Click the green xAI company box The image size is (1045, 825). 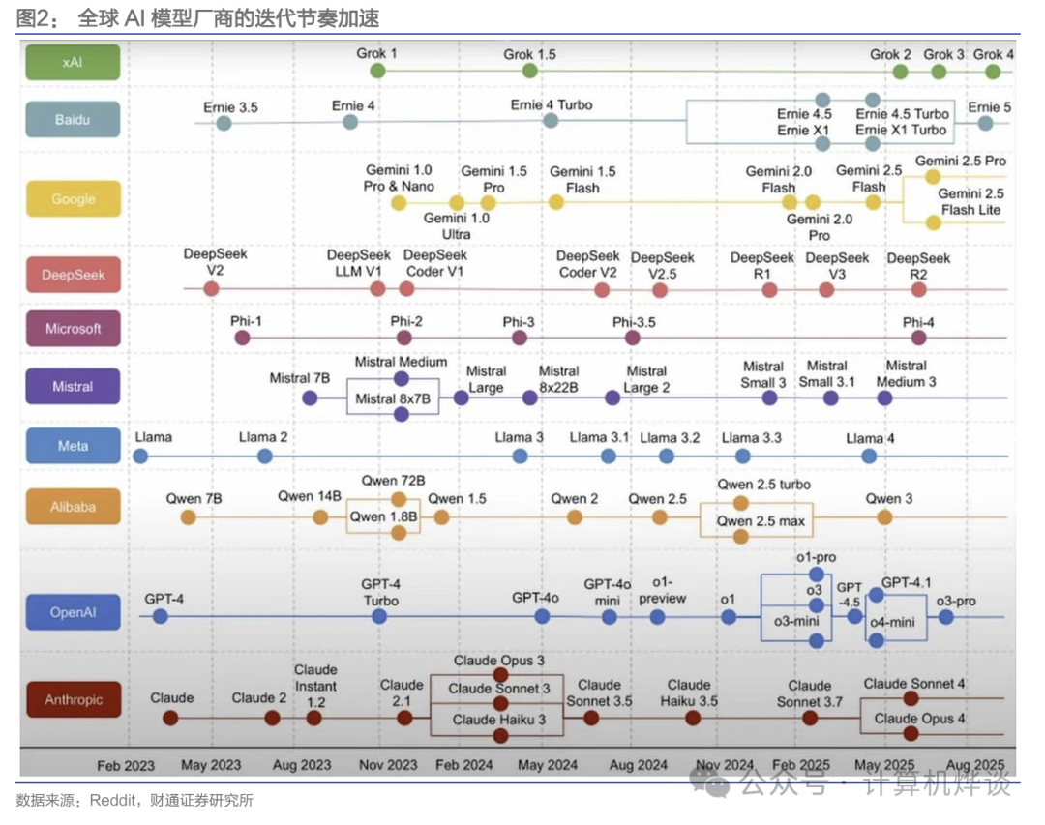coord(73,62)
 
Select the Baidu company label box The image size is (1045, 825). coord(73,119)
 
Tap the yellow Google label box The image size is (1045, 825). coord(73,199)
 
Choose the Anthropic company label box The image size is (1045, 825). coord(73,700)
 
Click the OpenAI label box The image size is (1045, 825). coord(73,612)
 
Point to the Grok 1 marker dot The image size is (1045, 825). coord(377,71)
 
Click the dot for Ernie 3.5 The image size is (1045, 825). coord(224,123)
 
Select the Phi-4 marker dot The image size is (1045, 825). coord(918,338)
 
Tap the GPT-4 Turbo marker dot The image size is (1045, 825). coord(381,616)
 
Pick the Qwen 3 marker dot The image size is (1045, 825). coord(884,517)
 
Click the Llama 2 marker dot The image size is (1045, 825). coord(264,456)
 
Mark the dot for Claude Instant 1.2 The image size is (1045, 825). coord(314,718)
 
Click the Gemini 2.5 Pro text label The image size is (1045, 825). coord(960,161)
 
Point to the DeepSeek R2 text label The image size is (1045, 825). coord(918,266)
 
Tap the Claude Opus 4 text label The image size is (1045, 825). coord(919,719)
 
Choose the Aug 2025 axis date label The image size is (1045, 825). coord(974,764)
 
